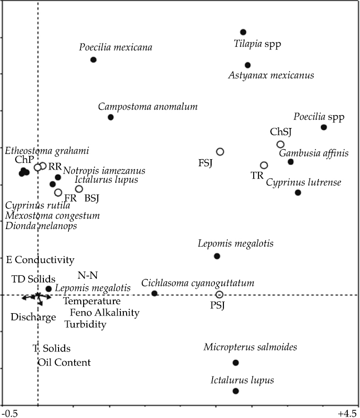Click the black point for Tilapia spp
tap(243, 32)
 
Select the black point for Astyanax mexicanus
tap(248, 65)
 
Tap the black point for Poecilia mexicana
tap(94, 60)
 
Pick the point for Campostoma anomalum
tap(111, 117)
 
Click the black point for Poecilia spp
tap(324, 127)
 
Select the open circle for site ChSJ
tap(280, 145)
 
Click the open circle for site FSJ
tap(220, 152)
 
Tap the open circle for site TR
tap(264, 165)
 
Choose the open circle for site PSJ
tap(219, 295)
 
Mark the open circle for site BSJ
tap(79, 189)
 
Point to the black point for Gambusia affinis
tap(291, 162)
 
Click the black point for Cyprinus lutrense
tap(298, 193)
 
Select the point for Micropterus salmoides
tap(236, 363)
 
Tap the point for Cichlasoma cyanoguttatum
tap(154, 293)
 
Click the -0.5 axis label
tap(9, 413)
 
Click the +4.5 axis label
tap(347, 413)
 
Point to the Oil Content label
tap(64, 362)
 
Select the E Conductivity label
tap(40, 260)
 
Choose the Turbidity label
tap(86, 324)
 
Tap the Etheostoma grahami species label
tap(47, 151)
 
